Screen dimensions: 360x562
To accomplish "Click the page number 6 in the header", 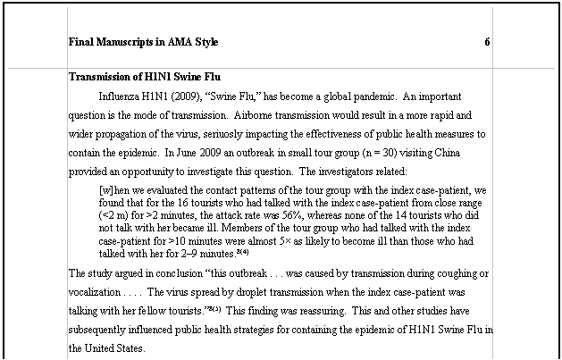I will point(487,42).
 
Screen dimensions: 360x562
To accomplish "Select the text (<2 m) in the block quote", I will point(115,215).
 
